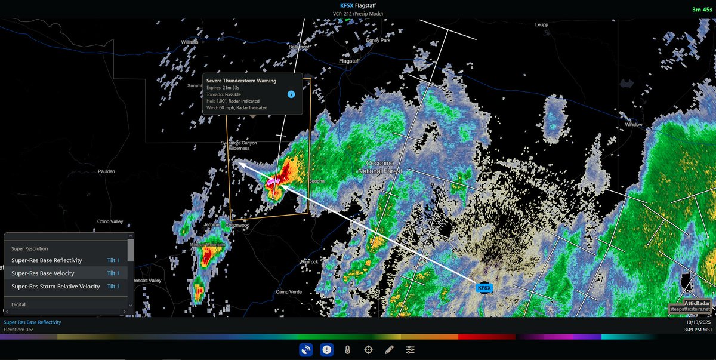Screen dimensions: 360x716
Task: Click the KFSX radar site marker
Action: pyautogui.click(x=484, y=288)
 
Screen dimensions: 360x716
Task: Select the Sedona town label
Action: pyautogui.click(x=316, y=181)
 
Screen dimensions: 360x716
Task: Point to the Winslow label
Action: pyautogui.click(x=633, y=125)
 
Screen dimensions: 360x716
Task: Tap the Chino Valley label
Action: pyautogui.click(x=110, y=221)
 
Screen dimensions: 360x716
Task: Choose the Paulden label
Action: pyautogui.click(x=106, y=171)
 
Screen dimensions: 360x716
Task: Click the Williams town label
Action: pyautogui.click(x=190, y=42)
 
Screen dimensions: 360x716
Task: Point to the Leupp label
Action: pyautogui.click(x=542, y=25)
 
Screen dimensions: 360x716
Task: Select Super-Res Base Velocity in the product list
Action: pyautogui.click(x=43, y=273)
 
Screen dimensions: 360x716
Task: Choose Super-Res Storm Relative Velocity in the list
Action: pyautogui.click(x=55, y=287)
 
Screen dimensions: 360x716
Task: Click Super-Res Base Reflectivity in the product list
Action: pyautogui.click(x=47, y=260)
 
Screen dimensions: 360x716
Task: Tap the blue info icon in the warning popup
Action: pyautogui.click(x=291, y=94)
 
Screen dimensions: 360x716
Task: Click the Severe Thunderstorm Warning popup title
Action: pyautogui.click(x=241, y=81)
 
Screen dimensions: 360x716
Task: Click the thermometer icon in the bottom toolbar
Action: pyautogui.click(x=347, y=350)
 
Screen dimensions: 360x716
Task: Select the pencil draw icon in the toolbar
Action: pyautogui.click(x=389, y=350)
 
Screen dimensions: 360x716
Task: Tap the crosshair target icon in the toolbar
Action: pyautogui.click(x=368, y=350)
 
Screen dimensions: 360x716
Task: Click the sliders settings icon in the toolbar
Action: pyautogui.click(x=410, y=350)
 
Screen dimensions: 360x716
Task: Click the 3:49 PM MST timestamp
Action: pyautogui.click(x=698, y=330)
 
